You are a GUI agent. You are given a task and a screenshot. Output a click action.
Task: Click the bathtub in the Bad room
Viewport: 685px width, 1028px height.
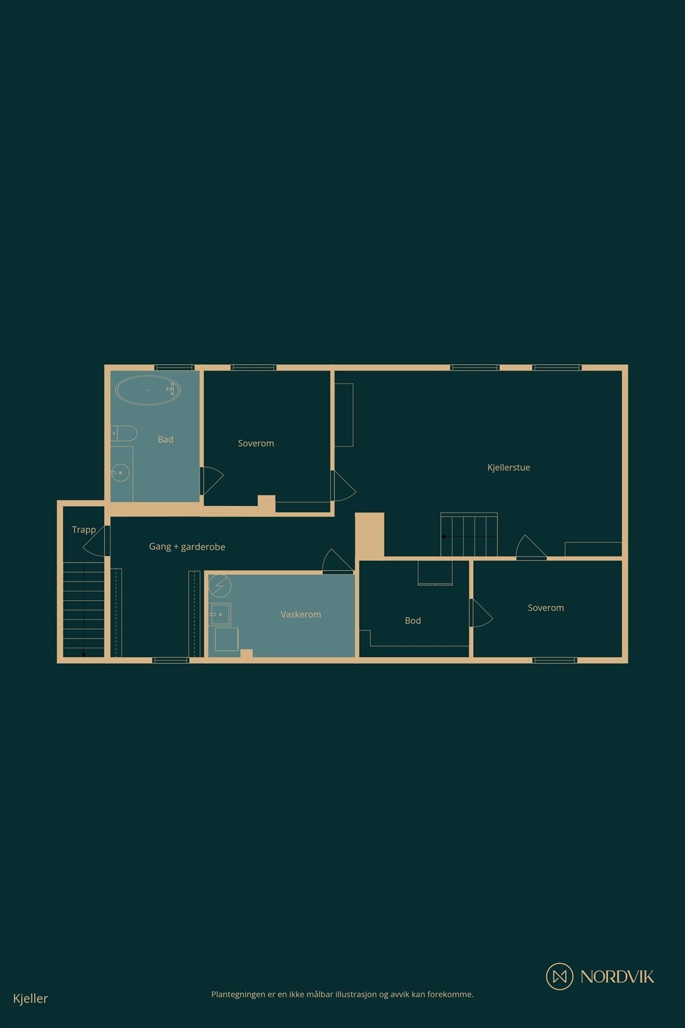point(148,390)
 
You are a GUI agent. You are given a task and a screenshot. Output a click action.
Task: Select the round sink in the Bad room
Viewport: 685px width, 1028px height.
point(120,473)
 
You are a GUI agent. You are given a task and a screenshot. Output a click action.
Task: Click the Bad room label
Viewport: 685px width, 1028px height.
point(166,439)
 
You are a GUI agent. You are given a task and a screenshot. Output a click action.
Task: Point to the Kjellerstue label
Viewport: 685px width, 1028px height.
point(508,468)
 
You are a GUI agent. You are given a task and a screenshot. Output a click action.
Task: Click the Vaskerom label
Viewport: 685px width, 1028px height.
point(300,615)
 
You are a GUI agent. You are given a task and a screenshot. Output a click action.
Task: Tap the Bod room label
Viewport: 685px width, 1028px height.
point(413,621)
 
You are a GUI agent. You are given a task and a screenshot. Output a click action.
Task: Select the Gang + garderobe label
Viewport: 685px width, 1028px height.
point(187,547)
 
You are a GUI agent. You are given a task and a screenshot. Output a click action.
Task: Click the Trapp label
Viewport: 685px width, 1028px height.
point(83,529)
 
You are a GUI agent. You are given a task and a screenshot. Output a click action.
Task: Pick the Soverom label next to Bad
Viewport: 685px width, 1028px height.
point(256,443)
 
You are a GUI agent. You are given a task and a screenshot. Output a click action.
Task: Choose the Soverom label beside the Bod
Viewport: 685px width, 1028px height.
point(546,608)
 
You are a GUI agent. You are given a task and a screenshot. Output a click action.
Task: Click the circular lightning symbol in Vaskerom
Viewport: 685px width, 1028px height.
point(220,585)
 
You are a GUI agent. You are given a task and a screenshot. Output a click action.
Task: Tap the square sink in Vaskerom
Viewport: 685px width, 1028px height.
point(220,614)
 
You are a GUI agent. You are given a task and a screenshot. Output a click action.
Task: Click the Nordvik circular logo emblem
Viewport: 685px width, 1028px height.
point(559,977)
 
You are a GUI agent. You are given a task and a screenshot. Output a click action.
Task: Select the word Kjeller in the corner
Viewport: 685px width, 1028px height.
point(30,998)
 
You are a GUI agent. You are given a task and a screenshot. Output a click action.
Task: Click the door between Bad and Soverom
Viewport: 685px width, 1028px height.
point(211,480)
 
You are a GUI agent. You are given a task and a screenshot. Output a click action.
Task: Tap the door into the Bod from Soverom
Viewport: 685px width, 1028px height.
point(481,613)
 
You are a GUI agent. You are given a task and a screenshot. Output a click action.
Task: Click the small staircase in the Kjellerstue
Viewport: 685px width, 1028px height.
point(469,535)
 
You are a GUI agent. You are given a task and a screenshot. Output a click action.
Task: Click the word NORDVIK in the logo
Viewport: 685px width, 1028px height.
point(617,977)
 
